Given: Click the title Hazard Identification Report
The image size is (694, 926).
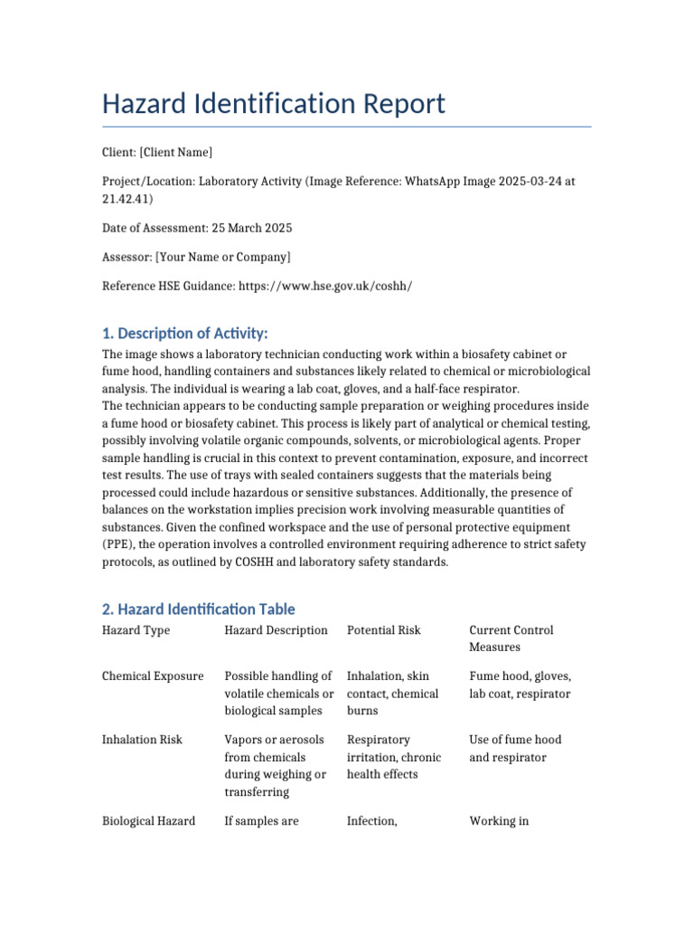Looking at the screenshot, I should coord(274,104).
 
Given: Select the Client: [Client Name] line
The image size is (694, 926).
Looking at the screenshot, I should coord(157,152).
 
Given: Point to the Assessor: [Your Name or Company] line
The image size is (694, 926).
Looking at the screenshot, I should coord(196,257).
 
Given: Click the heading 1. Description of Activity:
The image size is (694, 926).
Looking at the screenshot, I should coord(185,333).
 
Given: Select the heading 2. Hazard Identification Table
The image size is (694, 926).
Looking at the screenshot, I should coord(198,609).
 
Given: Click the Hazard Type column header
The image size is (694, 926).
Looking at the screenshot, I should coord(136,630).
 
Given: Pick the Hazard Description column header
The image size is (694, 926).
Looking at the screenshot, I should coord(276,630).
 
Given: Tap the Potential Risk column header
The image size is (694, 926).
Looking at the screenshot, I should coord(383,630).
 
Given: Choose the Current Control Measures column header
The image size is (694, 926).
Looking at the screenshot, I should coord(511,638).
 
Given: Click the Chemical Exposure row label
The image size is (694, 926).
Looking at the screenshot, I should coord(153,676).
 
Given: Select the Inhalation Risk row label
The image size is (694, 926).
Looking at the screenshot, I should coord(142,740).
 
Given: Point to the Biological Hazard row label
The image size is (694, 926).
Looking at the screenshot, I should coord(148,821).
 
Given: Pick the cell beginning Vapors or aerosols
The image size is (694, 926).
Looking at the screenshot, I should coord(276,766).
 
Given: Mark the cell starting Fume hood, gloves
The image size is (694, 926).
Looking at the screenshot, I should coord(520,685).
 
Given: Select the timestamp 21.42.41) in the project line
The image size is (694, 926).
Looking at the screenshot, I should coord(127,199).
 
